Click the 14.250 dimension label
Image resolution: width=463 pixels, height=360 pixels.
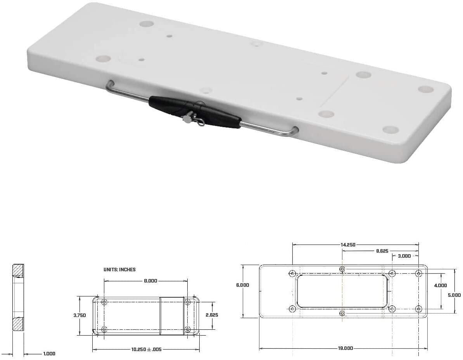pos(348,245)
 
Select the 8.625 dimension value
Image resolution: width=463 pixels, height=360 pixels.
pos(382,251)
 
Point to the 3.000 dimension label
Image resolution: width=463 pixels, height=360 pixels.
pos(404,256)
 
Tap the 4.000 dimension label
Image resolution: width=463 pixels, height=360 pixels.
pos(441,286)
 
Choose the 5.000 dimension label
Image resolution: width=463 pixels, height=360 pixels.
pos(454,295)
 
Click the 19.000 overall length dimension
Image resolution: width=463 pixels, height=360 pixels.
pos(345,348)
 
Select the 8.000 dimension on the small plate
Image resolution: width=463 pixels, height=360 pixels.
pos(150,281)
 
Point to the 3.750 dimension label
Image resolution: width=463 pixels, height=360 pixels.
pos(79,315)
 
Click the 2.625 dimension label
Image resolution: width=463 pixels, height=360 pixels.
pos(212,315)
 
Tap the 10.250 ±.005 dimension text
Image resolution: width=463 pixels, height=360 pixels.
pos(146,349)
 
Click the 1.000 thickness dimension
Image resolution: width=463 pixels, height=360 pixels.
pos(49,353)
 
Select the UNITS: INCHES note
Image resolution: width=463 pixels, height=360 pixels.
pos(119,269)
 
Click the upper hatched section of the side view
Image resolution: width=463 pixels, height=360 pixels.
pos(18,270)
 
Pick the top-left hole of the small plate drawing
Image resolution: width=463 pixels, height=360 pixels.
pos(104,302)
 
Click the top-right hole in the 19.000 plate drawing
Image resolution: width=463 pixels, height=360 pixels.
pos(418,274)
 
